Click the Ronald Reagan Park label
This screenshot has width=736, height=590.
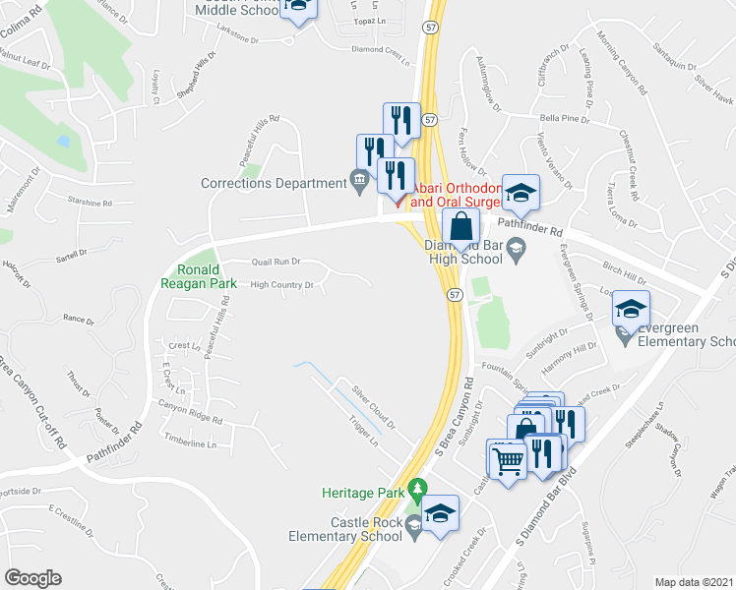pos(206,276)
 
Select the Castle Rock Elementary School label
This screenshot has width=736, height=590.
pos(360,529)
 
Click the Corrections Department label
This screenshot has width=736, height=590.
pos(273,183)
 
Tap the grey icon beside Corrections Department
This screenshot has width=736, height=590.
pos(358,179)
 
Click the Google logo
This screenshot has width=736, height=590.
pos(32,578)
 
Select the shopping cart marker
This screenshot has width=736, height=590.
pos(508,457)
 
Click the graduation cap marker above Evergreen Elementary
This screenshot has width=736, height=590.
pos(631,310)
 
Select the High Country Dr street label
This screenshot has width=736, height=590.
pos(282,285)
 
